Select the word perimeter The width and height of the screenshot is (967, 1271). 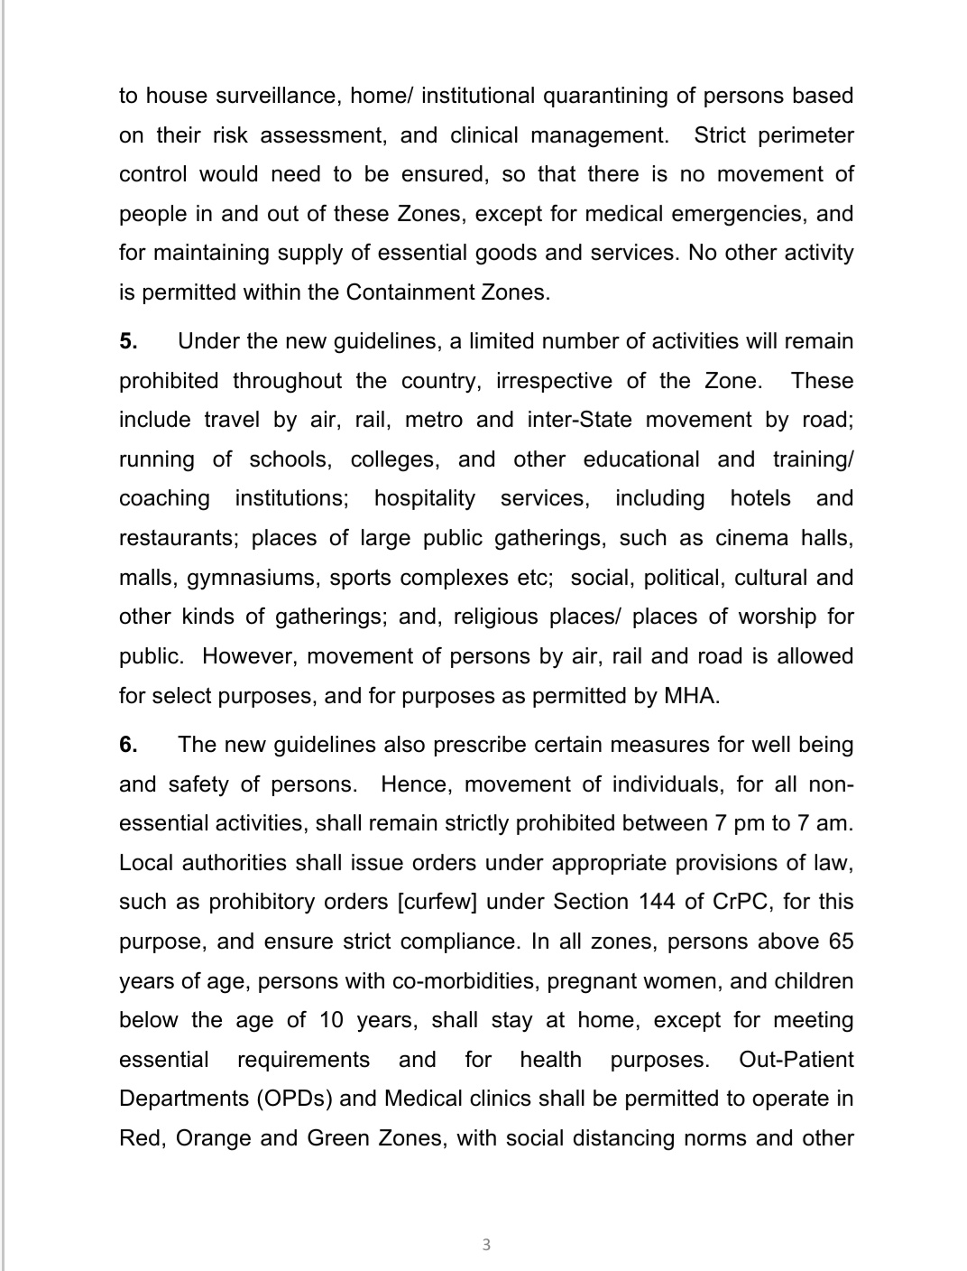pos(806,135)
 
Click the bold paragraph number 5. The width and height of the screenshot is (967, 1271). pos(128,341)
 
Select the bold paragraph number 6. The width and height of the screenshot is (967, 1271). pos(128,745)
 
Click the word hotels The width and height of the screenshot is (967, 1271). pos(760,498)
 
